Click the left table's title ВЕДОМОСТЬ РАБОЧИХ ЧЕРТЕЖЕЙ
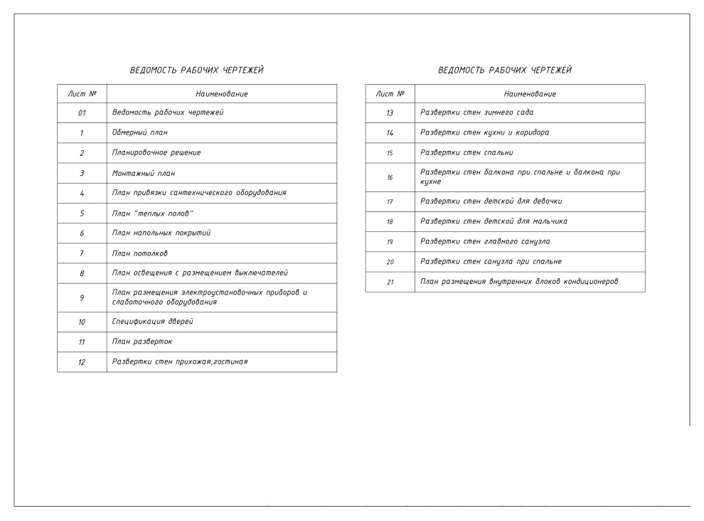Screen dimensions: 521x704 196,70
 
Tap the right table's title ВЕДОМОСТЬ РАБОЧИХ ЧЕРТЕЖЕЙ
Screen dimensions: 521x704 505,70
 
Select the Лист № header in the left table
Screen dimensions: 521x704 82,94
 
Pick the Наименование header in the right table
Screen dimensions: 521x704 530,94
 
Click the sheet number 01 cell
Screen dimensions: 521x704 82,113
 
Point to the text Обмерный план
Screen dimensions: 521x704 140,133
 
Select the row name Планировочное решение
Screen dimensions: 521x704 156,153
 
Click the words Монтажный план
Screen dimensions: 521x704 144,173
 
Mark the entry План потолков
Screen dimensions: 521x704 140,253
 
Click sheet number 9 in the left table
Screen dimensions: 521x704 82,298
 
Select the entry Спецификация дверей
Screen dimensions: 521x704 152,322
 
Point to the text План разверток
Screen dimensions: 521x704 142,342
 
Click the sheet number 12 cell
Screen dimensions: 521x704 82,362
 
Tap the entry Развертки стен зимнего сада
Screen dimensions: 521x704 476,112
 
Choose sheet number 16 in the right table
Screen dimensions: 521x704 390,177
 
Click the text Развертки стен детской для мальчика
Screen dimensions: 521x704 494,221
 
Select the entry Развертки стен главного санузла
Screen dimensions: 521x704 485,241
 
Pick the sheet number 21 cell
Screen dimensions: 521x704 390,282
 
